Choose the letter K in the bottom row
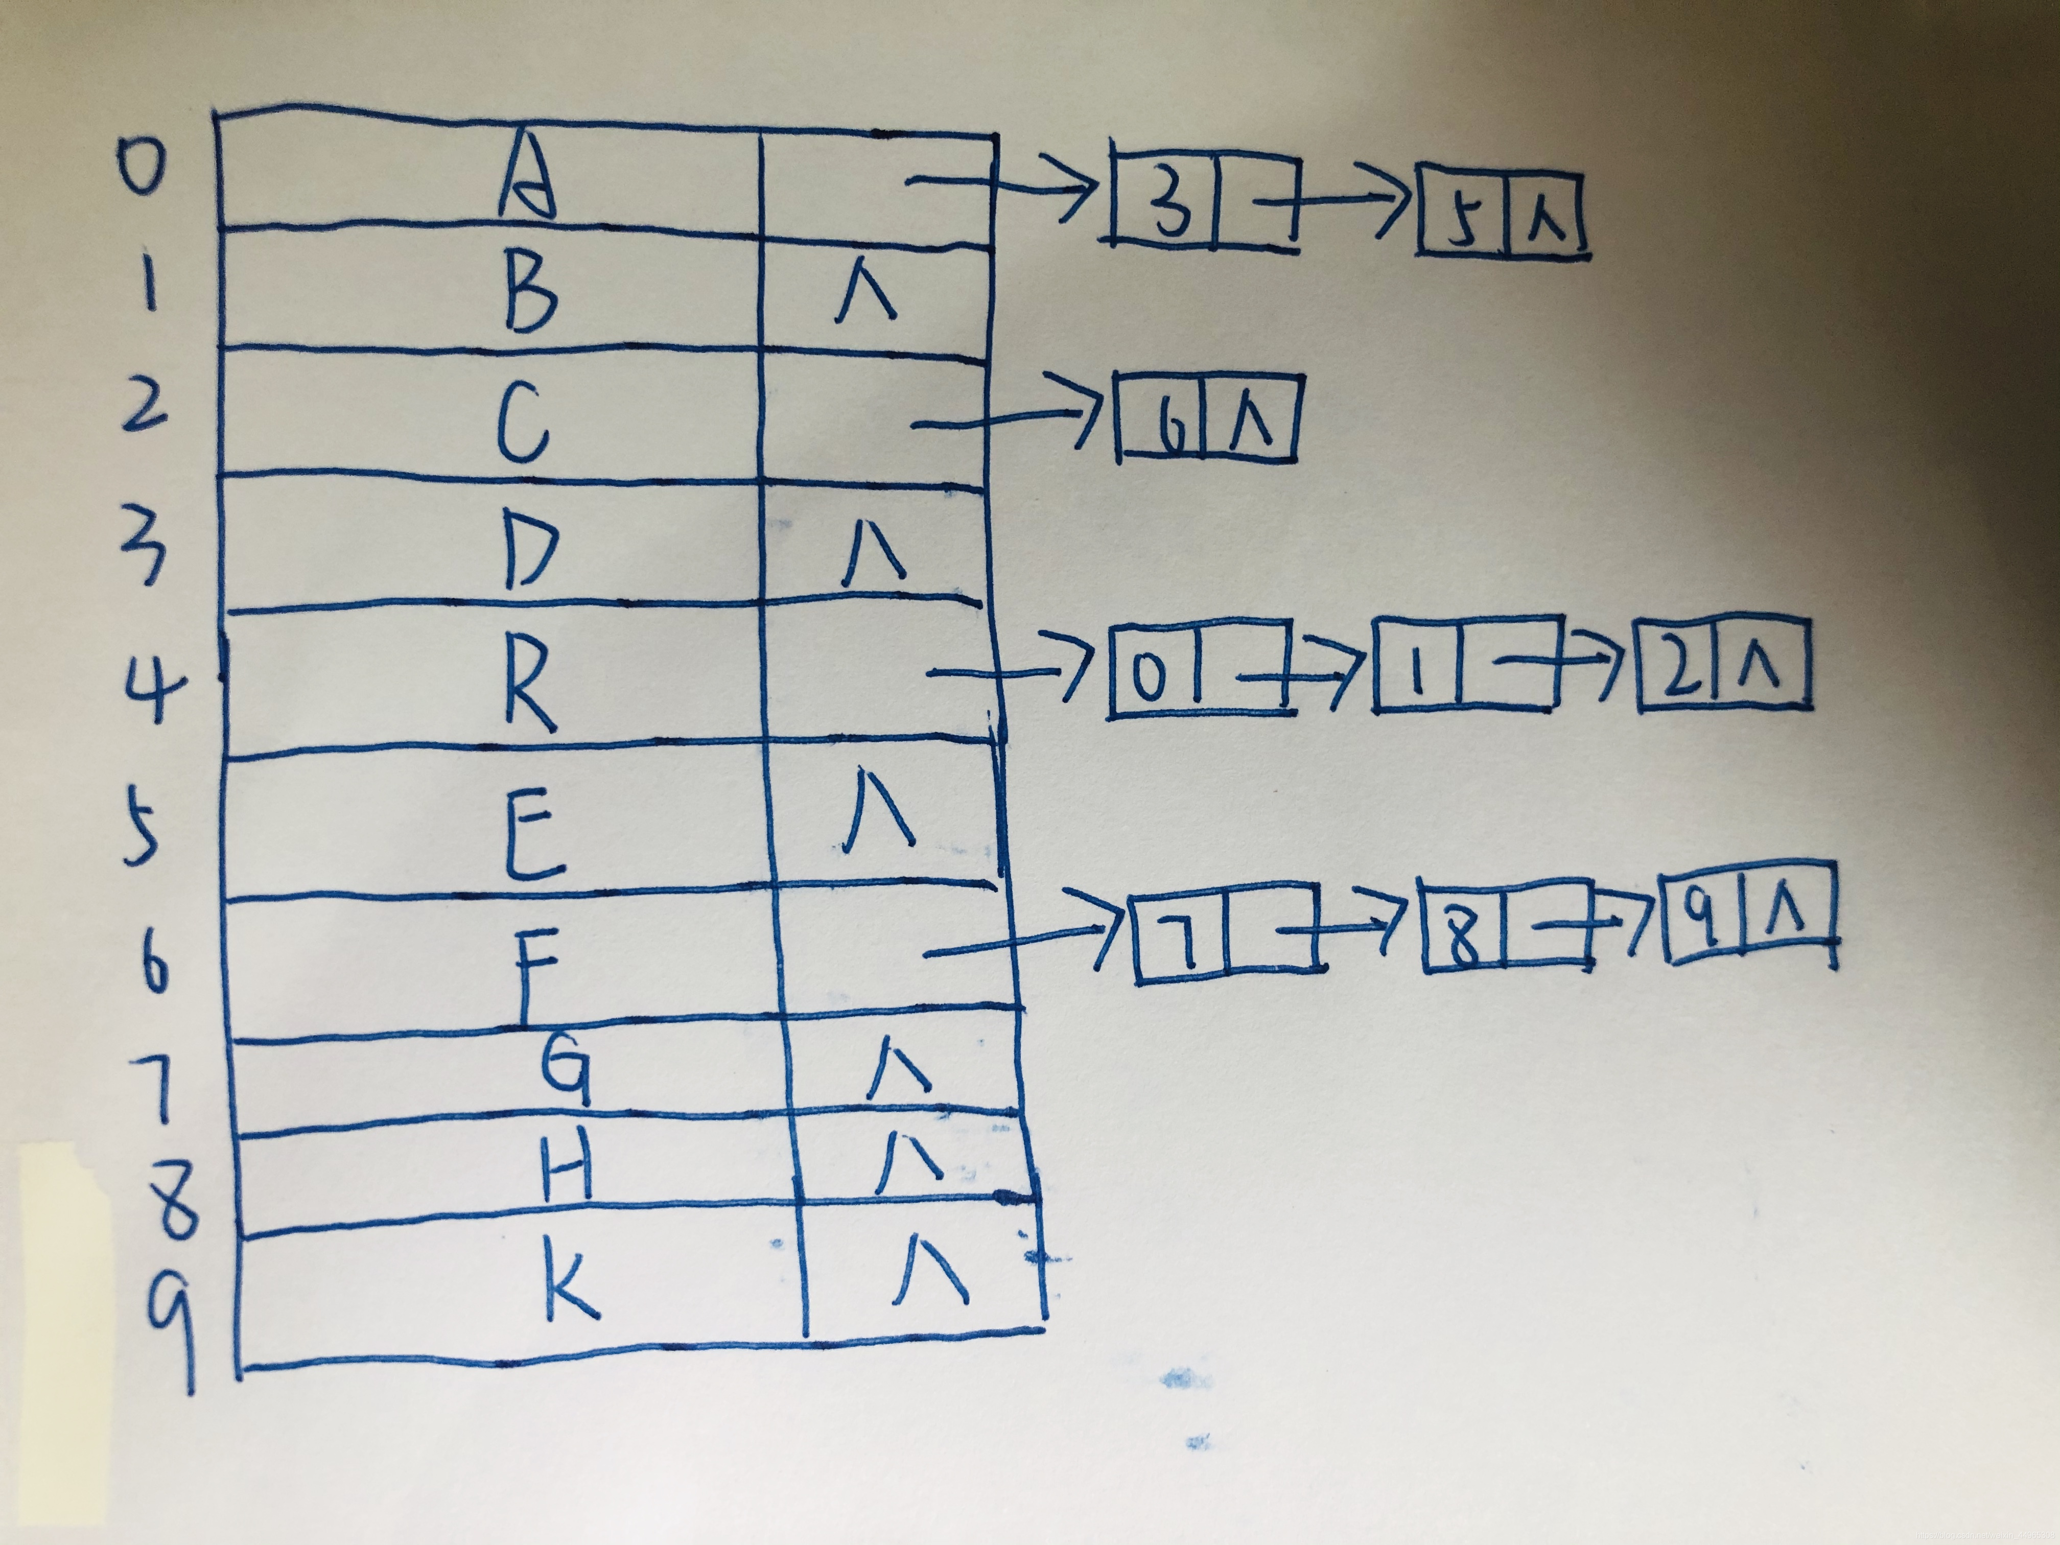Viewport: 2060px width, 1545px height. click(570, 1284)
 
